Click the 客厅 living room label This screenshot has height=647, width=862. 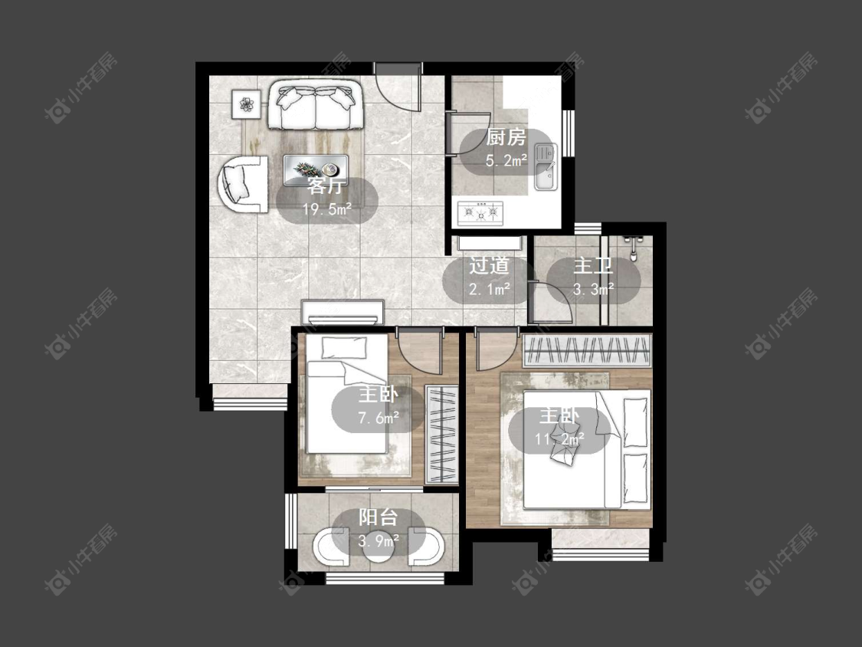[x=326, y=186]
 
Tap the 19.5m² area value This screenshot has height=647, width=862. [x=327, y=209]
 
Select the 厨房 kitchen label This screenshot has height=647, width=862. [x=506, y=137]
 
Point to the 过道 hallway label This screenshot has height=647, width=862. [x=489, y=266]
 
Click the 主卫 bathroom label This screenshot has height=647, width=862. [x=593, y=266]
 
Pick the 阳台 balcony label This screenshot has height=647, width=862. [x=379, y=517]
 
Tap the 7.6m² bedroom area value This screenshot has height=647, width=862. [x=379, y=419]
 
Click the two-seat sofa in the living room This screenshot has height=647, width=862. [x=316, y=105]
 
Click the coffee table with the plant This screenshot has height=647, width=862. [x=316, y=169]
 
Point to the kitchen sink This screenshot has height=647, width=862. [x=546, y=166]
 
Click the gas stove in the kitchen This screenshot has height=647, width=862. [x=480, y=213]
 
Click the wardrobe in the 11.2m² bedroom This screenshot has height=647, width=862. [x=587, y=350]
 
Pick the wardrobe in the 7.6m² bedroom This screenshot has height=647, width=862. [x=442, y=435]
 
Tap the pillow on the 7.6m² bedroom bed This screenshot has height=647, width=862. [x=343, y=348]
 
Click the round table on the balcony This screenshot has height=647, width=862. [x=379, y=548]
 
